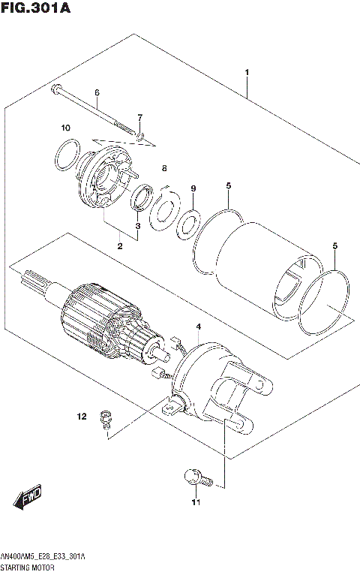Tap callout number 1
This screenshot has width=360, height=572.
pyautogui.click(x=247, y=72)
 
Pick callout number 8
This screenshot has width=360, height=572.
pyautogui.click(x=164, y=168)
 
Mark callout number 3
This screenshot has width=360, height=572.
pyautogui.click(x=138, y=225)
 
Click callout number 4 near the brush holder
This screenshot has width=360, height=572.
pyautogui.click(x=198, y=327)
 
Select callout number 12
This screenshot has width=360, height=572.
pyautogui.click(x=83, y=415)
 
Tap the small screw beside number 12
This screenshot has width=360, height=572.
pyautogui.click(x=106, y=418)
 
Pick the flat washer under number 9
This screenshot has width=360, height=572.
pyautogui.click(x=187, y=224)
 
